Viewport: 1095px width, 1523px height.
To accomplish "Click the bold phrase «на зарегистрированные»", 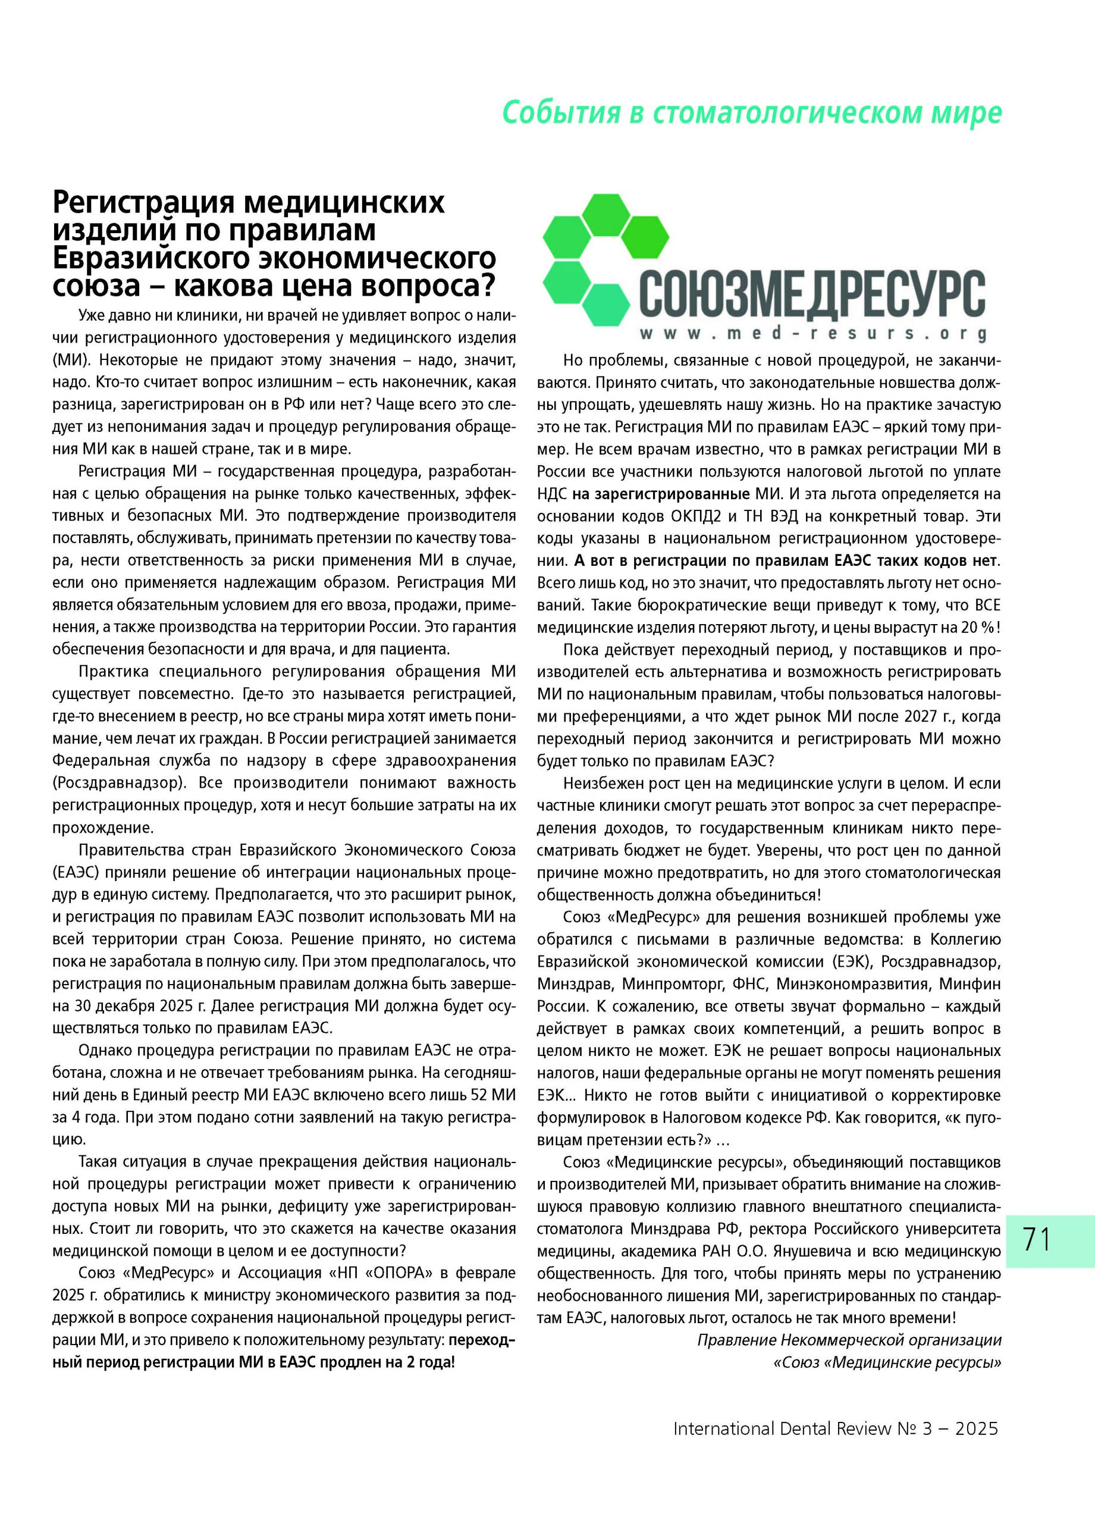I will tap(661, 494).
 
